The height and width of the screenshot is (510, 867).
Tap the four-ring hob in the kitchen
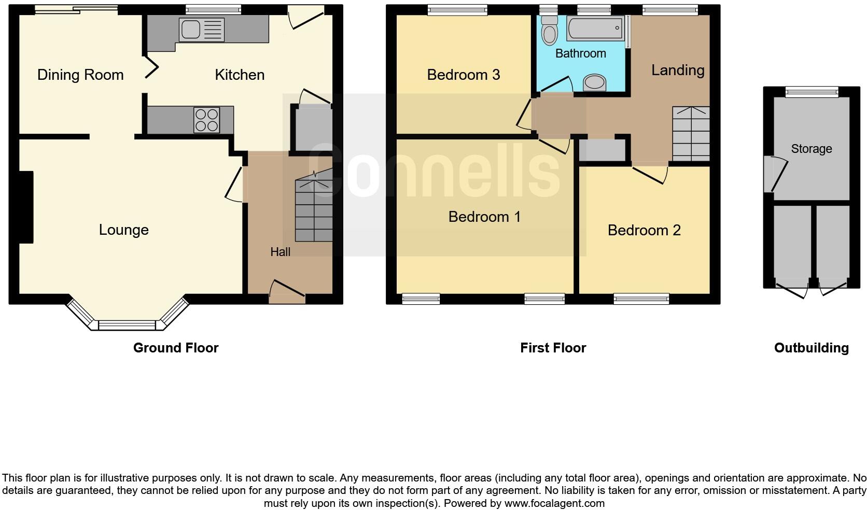(x=206, y=120)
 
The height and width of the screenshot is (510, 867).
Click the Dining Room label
(x=80, y=75)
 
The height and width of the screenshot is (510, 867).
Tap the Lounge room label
(x=123, y=230)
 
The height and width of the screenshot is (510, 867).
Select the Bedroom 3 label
(x=463, y=75)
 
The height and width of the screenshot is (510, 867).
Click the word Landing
(x=677, y=70)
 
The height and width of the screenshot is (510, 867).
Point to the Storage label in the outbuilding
(x=811, y=149)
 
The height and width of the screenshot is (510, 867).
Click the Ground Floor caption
(x=176, y=348)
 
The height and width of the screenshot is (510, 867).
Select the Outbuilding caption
(x=811, y=348)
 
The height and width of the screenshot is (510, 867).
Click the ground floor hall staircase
(x=314, y=210)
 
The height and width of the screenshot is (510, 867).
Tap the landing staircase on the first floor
(x=691, y=133)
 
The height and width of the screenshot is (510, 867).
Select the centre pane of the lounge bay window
(x=127, y=325)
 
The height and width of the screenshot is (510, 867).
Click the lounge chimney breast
(x=26, y=207)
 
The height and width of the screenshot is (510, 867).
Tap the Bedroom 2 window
(x=641, y=299)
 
